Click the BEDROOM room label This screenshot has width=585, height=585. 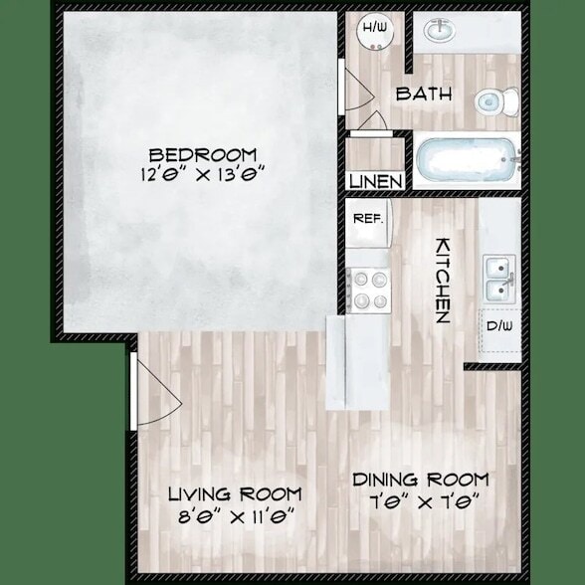coord(202,155)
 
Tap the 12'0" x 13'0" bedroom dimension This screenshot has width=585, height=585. coord(202,176)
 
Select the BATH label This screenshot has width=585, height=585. coord(424,95)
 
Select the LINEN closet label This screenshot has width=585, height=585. coord(376,182)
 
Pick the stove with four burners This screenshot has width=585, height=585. coord(370,291)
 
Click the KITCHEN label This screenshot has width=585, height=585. coord(442,280)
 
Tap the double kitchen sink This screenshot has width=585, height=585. coord(498,278)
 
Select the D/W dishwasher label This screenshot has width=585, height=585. coord(497,326)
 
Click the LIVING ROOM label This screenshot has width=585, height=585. coord(234,494)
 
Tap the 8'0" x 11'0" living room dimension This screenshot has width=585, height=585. coord(234,516)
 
